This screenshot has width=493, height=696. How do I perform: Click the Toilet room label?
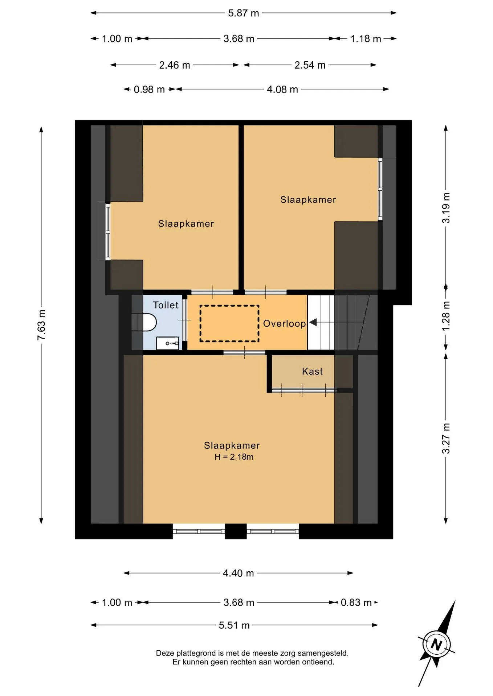point(166,305)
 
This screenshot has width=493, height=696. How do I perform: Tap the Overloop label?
point(284,323)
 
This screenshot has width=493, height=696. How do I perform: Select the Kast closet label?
point(312,371)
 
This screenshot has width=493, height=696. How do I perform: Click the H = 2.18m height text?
point(234,457)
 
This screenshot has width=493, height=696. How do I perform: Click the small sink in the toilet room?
point(168,343)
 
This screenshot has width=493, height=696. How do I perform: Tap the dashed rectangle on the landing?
point(229,324)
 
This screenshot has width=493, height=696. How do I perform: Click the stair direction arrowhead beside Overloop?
point(313,322)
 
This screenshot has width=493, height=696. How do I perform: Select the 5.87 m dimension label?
point(243,13)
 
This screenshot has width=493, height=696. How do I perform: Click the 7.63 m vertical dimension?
point(41,325)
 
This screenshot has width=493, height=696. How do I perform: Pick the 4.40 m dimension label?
point(238,573)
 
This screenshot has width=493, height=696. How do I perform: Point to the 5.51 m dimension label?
point(234,625)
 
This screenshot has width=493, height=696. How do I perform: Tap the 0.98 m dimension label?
point(149,90)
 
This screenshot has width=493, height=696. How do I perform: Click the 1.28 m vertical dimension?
point(446,315)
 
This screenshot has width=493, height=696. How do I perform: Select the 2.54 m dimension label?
point(310,65)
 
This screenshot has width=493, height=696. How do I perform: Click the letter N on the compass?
point(436,645)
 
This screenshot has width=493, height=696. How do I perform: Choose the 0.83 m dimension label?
point(356,602)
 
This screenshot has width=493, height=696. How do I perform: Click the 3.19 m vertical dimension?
point(446,208)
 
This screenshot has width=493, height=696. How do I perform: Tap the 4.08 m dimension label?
point(282,90)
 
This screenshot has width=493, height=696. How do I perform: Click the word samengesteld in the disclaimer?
point(323,653)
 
